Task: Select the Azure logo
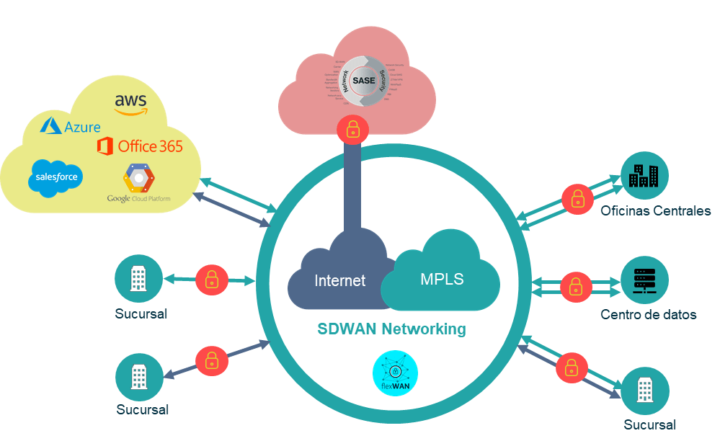(x=71, y=127)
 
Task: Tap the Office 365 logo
(x=140, y=146)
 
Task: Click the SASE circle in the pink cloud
(x=363, y=80)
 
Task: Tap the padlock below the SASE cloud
(x=352, y=130)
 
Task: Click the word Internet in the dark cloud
(x=339, y=281)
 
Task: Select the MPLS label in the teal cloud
(x=442, y=279)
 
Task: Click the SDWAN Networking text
(x=391, y=329)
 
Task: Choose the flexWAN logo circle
(x=395, y=375)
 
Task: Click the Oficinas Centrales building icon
(x=644, y=175)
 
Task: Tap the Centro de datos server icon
(x=644, y=280)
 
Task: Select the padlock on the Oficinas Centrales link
(x=577, y=198)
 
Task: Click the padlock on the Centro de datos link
(x=575, y=287)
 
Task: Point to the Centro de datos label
(x=648, y=315)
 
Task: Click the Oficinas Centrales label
(x=655, y=211)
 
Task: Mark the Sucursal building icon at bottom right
(x=644, y=391)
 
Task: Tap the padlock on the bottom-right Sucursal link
(x=571, y=367)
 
